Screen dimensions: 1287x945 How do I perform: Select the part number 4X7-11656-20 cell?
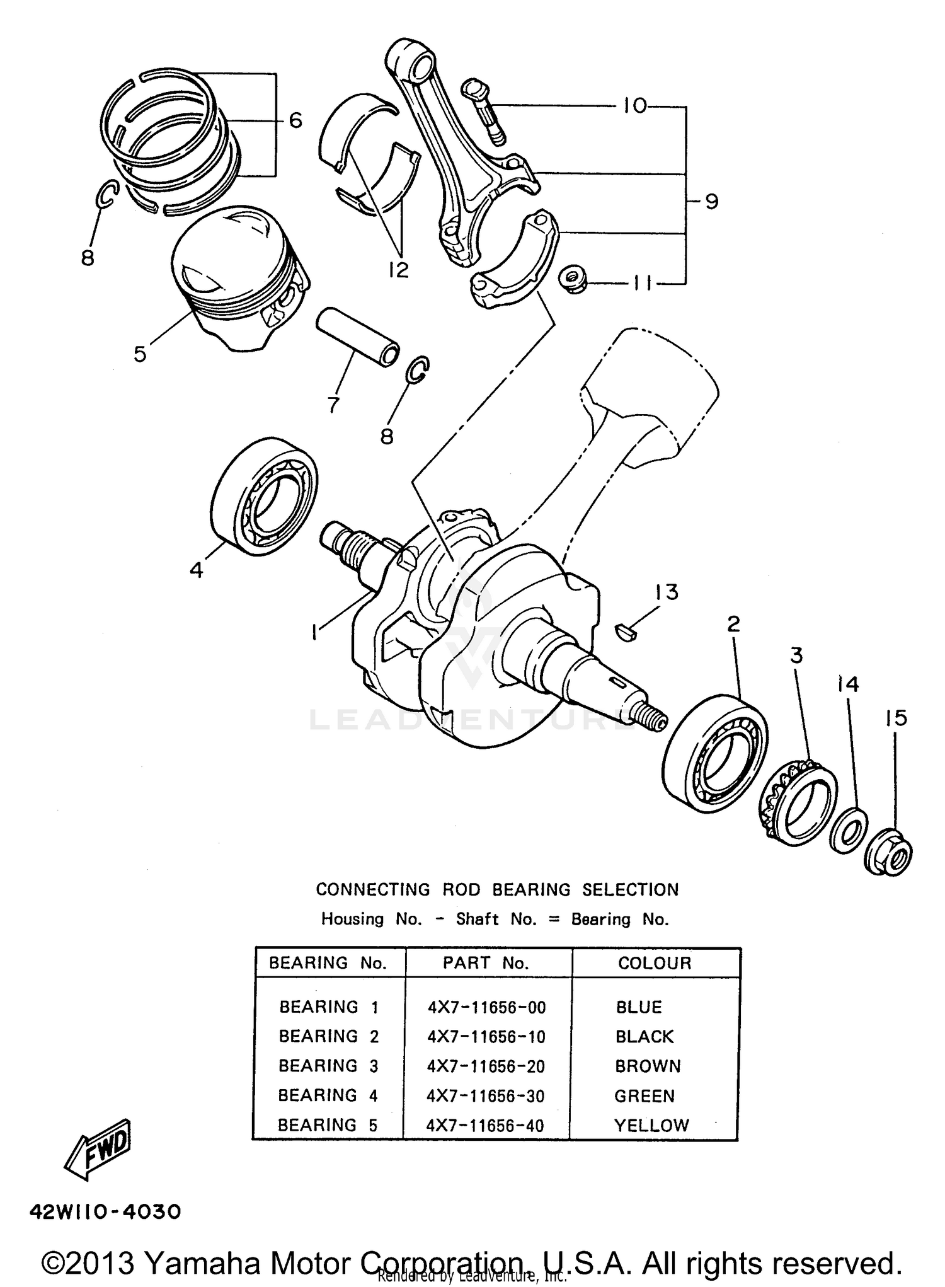[486, 1066]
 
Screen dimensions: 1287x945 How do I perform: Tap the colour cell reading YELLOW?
[651, 1126]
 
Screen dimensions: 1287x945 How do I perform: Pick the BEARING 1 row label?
[328, 1007]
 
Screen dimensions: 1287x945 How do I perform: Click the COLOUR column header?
[655, 963]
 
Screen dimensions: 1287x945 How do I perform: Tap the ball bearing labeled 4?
[263, 497]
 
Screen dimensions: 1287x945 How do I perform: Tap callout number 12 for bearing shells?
[398, 270]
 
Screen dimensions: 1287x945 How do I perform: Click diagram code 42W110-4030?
[105, 1211]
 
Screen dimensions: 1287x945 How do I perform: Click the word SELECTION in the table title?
[630, 890]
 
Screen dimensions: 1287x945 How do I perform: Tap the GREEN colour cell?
[644, 1096]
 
